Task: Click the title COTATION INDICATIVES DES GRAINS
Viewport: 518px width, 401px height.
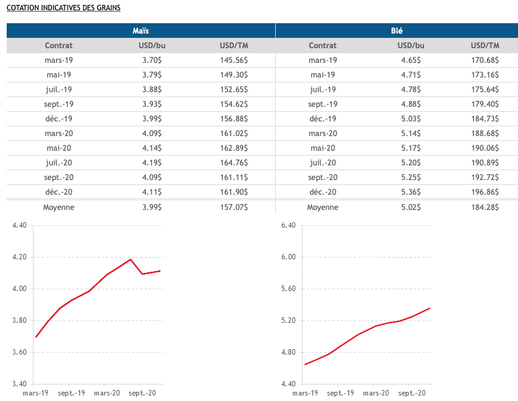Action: (x=63, y=8)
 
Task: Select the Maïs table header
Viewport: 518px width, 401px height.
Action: (x=141, y=31)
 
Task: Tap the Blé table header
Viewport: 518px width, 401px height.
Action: (x=397, y=31)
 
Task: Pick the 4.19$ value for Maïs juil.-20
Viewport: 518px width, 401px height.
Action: (x=150, y=162)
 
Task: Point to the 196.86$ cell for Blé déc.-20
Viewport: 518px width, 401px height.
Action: (x=485, y=192)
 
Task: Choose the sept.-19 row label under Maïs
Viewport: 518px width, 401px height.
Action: (x=59, y=104)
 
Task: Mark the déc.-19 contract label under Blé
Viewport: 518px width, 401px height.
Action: (x=323, y=118)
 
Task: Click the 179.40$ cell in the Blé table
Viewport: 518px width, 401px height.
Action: (x=485, y=104)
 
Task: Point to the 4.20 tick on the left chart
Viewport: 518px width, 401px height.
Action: (x=20, y=258)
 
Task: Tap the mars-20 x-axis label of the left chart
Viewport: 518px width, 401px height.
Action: (x=107, y=394)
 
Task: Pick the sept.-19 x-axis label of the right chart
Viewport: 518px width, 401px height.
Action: (x=340, y=394)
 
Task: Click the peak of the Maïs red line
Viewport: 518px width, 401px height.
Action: (x=131, y=259)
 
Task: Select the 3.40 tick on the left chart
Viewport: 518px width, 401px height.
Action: (x=20, y=385)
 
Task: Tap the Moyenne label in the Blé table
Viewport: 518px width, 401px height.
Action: (x=323, y=208)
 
